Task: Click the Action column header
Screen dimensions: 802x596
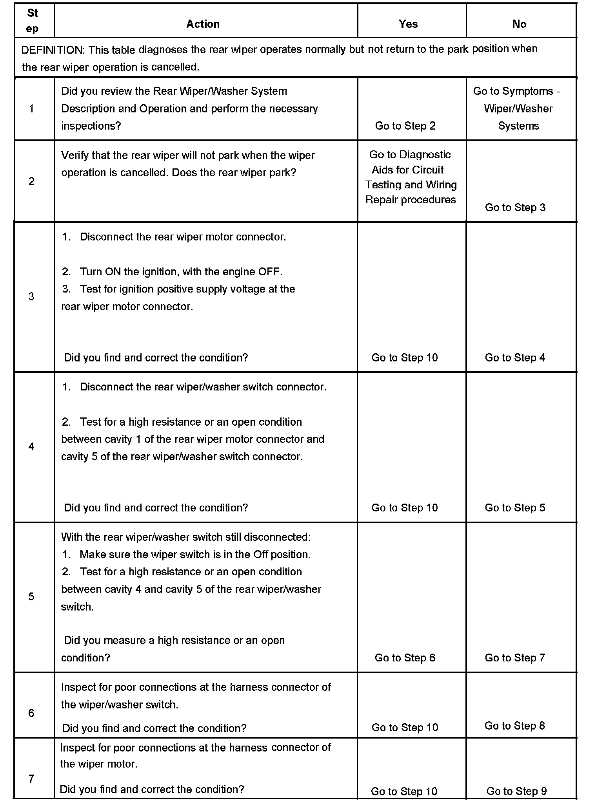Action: coord(203,24)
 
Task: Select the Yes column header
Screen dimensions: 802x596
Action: coord(408,24)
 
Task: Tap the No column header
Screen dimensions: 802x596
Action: coord(519,24)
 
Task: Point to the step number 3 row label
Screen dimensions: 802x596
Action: coord(32,296)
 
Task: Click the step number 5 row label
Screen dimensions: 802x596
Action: coord(32,596)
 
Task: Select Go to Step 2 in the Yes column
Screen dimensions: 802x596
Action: coord(405,126)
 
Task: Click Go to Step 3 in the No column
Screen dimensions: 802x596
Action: coord(515,208)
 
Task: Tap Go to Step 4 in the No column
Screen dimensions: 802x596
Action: coord(515,358)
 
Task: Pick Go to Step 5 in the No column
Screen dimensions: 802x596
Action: coord(515,508)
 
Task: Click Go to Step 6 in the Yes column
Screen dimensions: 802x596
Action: coord(405,657)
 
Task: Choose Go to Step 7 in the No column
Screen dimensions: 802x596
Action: coord(515,657)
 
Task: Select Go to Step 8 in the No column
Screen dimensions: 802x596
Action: coord(514,726)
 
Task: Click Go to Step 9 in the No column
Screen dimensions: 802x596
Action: coord(516,791)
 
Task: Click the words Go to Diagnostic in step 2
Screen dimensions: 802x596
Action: coord(410,155)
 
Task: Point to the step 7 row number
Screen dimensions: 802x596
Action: coord(32,779)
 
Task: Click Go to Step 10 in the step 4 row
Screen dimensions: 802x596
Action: coord(404,508)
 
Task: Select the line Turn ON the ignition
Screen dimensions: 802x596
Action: coord(181,272)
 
